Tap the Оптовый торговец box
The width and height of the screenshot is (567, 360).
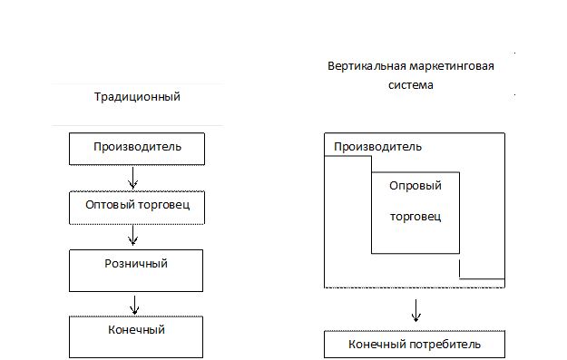[137, 205]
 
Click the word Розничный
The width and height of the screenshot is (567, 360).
[137, 263]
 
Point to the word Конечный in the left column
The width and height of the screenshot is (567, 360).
[137, 329]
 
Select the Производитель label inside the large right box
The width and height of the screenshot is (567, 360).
[376, 147]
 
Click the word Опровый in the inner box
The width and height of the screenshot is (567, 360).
[415, 185]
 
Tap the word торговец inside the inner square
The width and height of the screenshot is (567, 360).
[415, 218]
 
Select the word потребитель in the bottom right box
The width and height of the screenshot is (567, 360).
[440, 345]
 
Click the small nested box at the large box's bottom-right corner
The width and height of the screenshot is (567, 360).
[482, 270]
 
